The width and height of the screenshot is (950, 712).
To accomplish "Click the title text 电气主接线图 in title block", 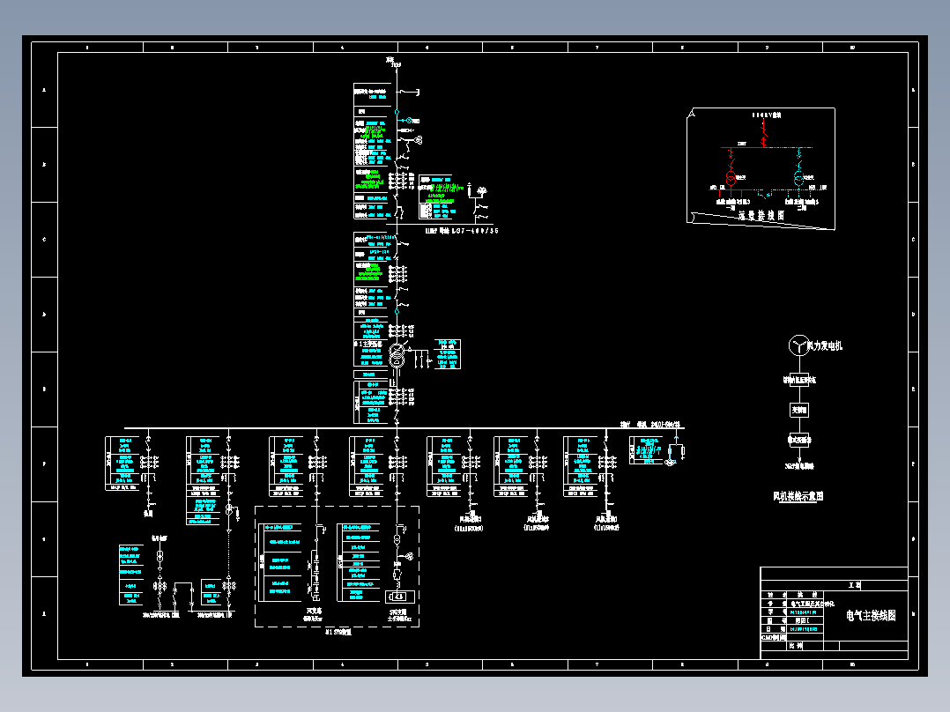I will [871, 616].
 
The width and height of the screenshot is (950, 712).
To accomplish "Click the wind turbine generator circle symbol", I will [798, 345].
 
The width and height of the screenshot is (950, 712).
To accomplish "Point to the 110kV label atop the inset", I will [766, 115].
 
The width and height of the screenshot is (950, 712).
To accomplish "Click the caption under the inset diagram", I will [761, 214].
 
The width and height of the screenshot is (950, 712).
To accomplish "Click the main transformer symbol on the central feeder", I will [397, 357].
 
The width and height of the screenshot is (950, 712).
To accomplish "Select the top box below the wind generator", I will [798, 381].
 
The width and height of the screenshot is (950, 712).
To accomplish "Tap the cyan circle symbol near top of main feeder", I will [397, 120].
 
